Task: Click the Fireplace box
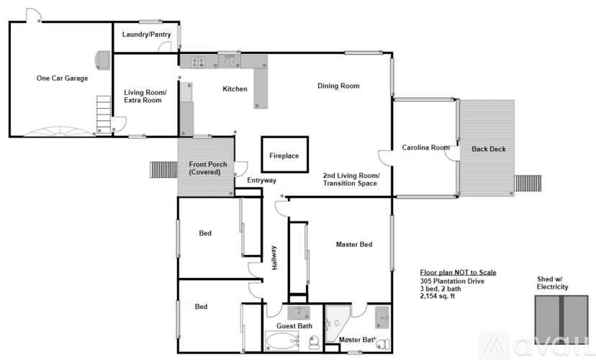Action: [x=285, y=137]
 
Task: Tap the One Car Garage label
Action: [x=62, y=78]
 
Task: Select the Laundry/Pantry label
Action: [x=146, y=35]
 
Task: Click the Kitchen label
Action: [x=235, y=89]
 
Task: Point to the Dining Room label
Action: [x=338, y=86]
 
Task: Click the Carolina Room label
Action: [x=425, y=148]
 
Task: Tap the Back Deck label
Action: [x=489, y=149]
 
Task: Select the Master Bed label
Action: [x=354, y=244]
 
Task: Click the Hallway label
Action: [x=274, y=258]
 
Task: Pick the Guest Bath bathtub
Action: [x=281, y=341]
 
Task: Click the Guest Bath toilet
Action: [x=314, y=342]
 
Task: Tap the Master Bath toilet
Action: [x=383, y=344]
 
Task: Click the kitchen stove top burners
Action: [x=198, y=62]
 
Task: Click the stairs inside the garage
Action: [x=104, y=114]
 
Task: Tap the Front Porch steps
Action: [x=163, y=169]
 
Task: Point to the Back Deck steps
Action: [x=528, y=183]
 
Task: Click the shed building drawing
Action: [x=561, y=320]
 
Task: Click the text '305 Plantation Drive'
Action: [x=452, y=282]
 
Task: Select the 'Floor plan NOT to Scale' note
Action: [x=458, y=273]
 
